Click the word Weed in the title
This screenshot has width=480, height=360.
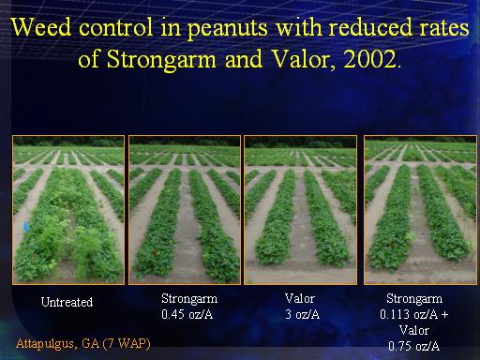41,27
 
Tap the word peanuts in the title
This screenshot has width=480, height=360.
228,29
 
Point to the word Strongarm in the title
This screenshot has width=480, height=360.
161,60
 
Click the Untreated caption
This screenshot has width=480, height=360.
67,302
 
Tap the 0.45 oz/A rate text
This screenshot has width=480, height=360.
187,314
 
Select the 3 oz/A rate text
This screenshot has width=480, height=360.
302,314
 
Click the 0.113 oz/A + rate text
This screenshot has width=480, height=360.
414,314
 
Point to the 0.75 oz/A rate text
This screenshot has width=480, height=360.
414,346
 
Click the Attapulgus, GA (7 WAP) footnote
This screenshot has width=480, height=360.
83,344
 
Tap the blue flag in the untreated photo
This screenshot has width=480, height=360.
25,227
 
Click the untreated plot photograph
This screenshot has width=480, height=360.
68,210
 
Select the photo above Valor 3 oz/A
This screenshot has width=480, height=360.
300,210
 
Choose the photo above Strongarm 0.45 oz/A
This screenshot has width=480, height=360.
185,210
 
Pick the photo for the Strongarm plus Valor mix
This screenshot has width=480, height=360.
421,210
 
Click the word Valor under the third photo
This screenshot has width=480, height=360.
299,298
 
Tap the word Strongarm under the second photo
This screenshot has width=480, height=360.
189,299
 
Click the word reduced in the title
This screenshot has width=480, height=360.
370,27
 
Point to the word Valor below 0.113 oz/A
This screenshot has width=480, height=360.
414,330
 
